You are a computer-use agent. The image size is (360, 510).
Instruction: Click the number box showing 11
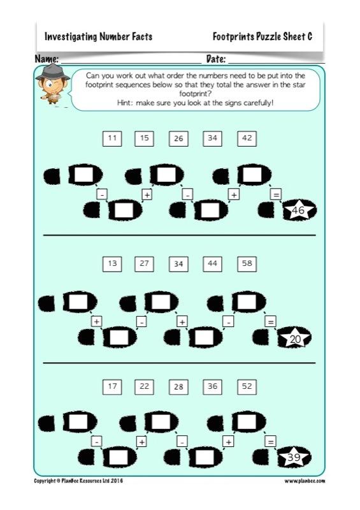point(112,138)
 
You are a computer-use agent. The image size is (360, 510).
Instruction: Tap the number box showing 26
point(179,138)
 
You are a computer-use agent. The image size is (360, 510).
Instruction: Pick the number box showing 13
point(112,263)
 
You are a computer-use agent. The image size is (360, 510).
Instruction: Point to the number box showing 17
point(112,386)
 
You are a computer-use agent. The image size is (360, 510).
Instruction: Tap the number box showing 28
point(179,386)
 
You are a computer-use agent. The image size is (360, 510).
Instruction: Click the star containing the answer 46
point(298,210)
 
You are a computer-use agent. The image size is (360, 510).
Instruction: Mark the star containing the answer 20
point(295,339)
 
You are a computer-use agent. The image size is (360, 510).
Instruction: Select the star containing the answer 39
point(294,457)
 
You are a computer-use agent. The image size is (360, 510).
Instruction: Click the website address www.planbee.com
point(305,481)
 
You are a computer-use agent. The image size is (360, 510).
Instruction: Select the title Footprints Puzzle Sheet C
point(262,37)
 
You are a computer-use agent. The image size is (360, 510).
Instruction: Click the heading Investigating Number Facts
point(98,37)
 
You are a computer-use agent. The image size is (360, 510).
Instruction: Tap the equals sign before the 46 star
point(275,194)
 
